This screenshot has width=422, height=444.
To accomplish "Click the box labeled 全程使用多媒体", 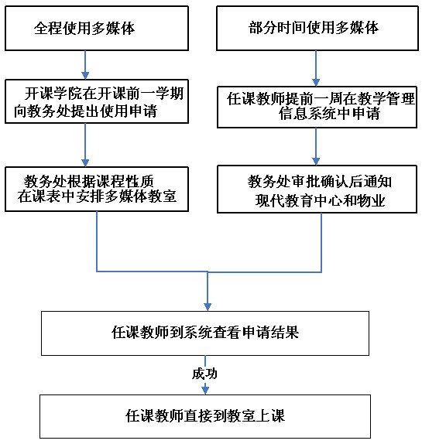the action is click(x=97, y=29).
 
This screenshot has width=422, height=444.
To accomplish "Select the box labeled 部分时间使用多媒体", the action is click(x=317, y=29).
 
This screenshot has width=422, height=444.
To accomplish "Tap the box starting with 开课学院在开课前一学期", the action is click(x=97, y=101).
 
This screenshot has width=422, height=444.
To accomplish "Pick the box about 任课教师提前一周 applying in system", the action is click(x=317, y=107).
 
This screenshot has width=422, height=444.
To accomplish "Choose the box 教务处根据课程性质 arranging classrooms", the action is click(x=97, y=190).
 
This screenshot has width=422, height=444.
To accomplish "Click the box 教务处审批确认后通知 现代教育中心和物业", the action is click(x=317, y=190).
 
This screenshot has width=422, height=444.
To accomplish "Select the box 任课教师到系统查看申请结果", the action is click(x=205, y=333).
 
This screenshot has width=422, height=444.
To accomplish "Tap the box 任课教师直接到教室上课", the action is click(x=205, y=416).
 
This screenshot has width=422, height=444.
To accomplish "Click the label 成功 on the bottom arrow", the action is click(x=204, y=374).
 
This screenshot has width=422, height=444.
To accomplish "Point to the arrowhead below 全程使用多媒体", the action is click(x=85, y=75).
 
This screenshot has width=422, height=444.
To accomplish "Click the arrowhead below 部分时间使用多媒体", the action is click(x=316, y=83).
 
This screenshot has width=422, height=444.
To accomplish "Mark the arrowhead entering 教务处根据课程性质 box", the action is click(x=85, y=162).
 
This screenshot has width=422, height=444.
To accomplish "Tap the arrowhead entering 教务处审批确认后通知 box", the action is click(x=316, y=162).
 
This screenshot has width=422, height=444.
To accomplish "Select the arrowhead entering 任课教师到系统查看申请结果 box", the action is click(x=208, y=307).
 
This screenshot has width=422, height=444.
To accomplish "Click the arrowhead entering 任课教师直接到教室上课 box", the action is click(x=205, y=391).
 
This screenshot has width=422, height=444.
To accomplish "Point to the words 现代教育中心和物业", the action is click(x=320, y=201).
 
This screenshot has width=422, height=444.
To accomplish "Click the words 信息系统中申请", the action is click(x=329, y=114).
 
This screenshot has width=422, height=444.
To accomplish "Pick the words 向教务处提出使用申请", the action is click(x=86, y=111).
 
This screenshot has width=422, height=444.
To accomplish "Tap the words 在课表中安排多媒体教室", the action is click(x=97, y=196).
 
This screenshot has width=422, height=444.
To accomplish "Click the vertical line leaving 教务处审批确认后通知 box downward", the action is click(x=321, y=243).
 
